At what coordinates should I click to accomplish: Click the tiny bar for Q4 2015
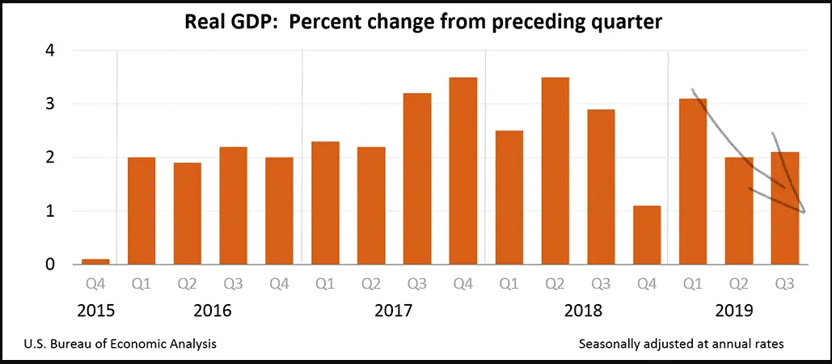[x=95, y=261]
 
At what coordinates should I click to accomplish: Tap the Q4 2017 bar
[x=462, y=171]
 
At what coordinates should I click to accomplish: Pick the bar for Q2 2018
[x=555, y=171]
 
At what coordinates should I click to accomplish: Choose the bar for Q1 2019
[x=693, y=181]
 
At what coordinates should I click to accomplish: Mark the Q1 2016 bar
[x=141, y=210]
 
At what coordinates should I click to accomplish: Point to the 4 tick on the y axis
[x=50, y=50]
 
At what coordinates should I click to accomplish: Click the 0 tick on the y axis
[x=50, y=265]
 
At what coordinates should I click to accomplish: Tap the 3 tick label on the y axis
[x=50, y=104]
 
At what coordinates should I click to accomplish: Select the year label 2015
[x=95, y=311]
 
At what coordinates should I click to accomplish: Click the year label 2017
[x=394, y=311]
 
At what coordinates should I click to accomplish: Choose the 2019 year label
[x=735, y=311]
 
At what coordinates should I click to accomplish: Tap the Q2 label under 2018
[x=555, y=284]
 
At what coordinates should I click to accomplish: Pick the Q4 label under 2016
[x=279, y=284]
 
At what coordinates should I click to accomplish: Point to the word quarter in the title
[x=620, y=23]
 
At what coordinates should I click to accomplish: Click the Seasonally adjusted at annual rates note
[x=682, y=344]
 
